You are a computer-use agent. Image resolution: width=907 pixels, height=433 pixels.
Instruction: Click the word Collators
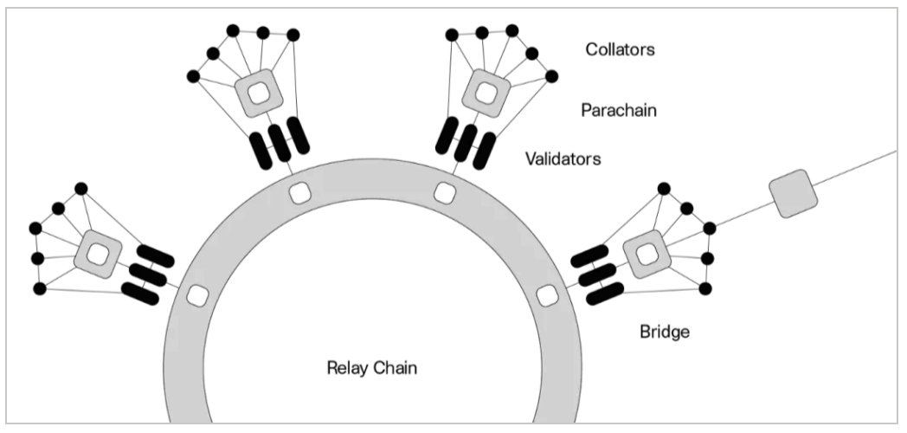coord(620,49)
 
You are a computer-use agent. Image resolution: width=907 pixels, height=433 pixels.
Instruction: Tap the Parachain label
coord(619,110)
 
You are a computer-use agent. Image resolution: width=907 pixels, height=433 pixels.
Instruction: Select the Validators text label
coord(563,158)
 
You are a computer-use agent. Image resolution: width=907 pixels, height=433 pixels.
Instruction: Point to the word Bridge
coord(665,332)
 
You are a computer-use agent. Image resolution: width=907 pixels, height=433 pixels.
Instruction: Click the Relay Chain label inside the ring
coord(372,367)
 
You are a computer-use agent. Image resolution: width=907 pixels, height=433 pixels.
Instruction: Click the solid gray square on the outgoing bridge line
coord(793,193)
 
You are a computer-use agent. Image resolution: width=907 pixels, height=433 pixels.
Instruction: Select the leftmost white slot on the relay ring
coord(197,296)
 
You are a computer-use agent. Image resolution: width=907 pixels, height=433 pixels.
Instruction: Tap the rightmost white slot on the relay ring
coord(547,296)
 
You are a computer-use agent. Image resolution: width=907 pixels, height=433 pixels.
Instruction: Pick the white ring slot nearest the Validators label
coord(445,193)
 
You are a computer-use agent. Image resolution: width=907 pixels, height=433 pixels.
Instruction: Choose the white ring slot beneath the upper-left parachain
coord(299,193)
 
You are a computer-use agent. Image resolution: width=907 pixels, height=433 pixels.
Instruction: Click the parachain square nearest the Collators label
coord(487,93)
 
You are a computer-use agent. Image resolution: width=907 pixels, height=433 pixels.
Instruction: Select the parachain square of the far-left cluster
coord(99,254)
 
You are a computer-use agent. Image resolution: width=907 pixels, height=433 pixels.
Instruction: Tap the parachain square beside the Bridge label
coord(646,254)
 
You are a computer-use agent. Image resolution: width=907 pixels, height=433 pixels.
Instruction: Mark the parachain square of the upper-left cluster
coord(259,93)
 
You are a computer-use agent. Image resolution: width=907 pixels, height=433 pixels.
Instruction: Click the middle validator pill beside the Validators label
coord(466,142)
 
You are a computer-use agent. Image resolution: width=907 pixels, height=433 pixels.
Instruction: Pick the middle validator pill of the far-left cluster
coord(147,275)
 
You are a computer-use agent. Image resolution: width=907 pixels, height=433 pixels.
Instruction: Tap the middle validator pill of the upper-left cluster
coord(280,142)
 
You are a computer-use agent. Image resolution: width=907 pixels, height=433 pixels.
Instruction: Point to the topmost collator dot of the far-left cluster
coord(81,188)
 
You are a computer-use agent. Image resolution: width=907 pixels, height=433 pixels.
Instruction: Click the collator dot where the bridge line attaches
coord(709,228)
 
